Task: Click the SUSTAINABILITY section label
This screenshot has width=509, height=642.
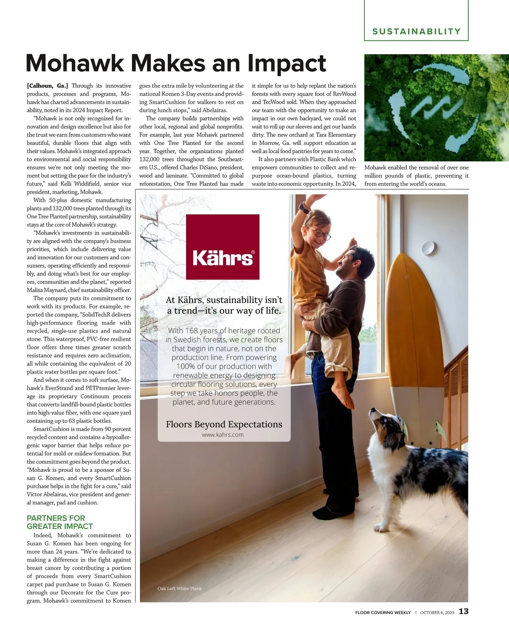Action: tap(416, 31)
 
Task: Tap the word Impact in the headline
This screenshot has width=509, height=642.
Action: tap(287, 64)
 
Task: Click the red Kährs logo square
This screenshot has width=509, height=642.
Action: tap(223, 247)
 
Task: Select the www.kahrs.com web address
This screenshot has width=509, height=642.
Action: tap(223, 434)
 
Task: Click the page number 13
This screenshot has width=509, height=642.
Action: tap(464, 612)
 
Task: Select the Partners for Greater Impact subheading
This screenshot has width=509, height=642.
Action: tap(60, 522)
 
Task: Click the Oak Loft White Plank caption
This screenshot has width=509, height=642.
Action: tap(179, 589)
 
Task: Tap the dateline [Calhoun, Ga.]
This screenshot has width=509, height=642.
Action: tap(48, 86)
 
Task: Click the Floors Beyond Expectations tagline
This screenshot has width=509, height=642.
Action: tap(224, 424)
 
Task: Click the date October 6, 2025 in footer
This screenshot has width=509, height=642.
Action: tap(437, 612)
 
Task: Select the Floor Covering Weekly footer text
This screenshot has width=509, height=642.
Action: tap(383, 612)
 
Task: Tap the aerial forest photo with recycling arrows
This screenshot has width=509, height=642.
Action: tap(436, 108)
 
